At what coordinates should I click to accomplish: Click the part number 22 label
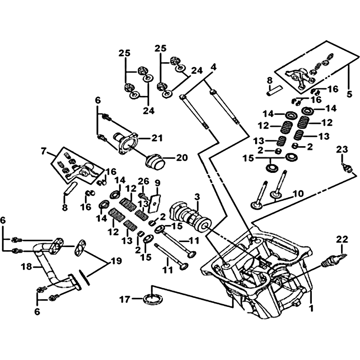point(342,238)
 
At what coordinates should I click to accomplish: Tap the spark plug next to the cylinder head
point(333,261)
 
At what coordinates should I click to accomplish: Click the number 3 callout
point(197,197)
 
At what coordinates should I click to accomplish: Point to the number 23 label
point(342,149)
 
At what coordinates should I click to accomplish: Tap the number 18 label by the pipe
point(26,267)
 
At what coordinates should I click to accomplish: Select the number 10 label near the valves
point(298,194)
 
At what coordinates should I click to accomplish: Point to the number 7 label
point(44,151)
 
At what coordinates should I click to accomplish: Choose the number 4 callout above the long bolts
point(213,67)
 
